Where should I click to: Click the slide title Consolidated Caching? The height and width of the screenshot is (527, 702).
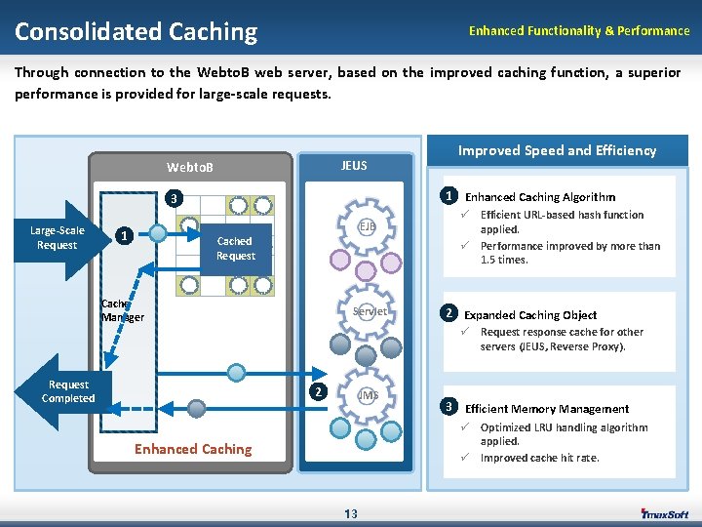click(x=136, y=32)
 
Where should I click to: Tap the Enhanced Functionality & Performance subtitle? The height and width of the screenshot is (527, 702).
click(x=578, y=31)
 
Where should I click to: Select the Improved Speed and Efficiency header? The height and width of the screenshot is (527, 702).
click(x=557, y=150)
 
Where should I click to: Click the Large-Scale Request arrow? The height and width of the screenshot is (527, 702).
click(x=60, y=237)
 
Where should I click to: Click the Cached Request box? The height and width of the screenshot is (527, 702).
click(x=235, y=249)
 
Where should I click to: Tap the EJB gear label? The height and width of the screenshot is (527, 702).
click(x=367, y=226)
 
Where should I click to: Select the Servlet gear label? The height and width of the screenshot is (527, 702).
click(x=370, y=312)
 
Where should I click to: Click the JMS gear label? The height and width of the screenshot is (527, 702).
click(x=368, y=395)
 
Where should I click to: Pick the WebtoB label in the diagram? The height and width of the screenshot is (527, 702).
click(x=189, y=168)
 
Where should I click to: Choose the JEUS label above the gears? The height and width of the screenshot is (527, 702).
click(x=354, y=165)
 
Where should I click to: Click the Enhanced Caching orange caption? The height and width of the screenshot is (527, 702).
click(x=193, y=449)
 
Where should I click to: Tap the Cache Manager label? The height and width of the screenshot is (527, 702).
click(x=122, y=310)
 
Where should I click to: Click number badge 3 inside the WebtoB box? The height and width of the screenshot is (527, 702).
click(x=172, y=199)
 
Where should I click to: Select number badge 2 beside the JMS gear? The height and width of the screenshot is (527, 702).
click(x=317, y=392)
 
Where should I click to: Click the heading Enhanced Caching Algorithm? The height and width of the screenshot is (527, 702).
click(x=540, y=197)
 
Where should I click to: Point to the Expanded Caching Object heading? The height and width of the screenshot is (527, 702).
click(x=530, y=315)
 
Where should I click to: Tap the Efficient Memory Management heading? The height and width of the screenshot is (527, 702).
click(x=547, y=409)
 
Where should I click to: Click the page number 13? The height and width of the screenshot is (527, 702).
click(x=351, y=514)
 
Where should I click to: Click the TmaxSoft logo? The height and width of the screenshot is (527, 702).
click(x=664, y=514)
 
